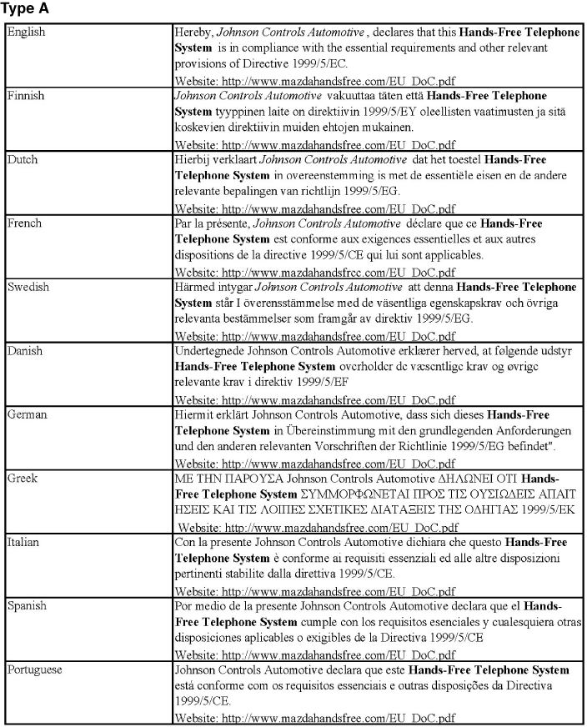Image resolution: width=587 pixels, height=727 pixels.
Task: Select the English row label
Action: click(27, 32)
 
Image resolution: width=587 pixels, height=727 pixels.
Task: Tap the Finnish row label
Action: click(27, 96)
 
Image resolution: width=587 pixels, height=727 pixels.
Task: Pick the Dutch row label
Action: click(23, 159)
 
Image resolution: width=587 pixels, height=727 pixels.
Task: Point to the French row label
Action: click(25, 223)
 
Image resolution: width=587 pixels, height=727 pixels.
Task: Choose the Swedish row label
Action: click(28, 287)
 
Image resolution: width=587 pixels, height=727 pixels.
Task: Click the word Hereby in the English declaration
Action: click(193, 32)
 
